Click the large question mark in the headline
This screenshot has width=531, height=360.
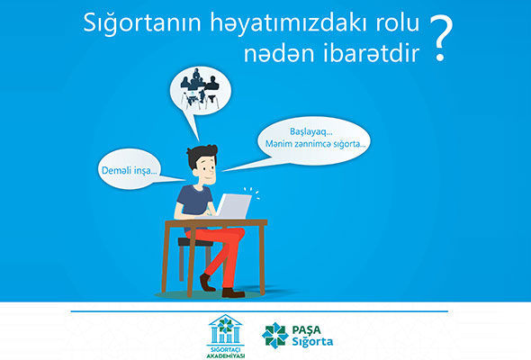[440, 38]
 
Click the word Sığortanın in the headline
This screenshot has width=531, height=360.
[142, 23]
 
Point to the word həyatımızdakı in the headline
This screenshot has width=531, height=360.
[289, 24]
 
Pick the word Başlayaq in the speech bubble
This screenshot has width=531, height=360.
[310, 132]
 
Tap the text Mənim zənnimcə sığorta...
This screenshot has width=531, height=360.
[315, 144]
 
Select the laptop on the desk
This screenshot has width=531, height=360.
[233, 206]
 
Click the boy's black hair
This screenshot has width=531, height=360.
[202, 155]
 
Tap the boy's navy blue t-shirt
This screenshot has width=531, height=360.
[194, 202]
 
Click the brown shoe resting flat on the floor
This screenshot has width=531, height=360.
[233, 292]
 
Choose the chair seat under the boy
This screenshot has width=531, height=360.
[195, 242]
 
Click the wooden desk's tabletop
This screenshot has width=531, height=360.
[216, 223]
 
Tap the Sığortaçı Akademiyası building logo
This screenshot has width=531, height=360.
[226, 336]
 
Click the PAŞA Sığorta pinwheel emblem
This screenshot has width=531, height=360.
[274, 336]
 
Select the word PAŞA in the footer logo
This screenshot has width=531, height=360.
[307, 329]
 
